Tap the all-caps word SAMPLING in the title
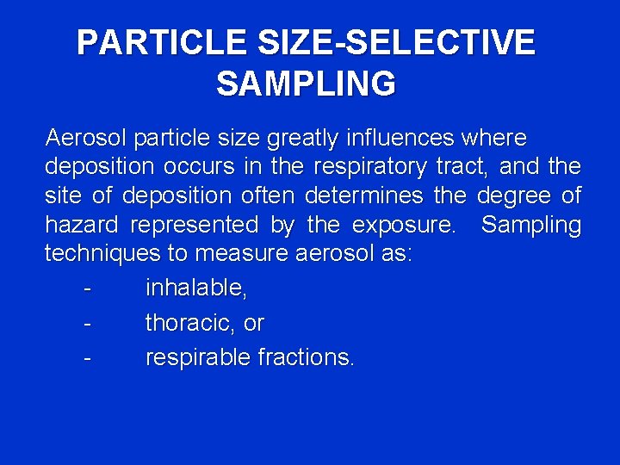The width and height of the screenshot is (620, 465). pyautogui.click(x=306, y=84)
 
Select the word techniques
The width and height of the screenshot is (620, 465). pyautogui.click(x=102, y=255)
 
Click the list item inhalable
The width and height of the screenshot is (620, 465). pyautogui.click(x=196, y=288)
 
